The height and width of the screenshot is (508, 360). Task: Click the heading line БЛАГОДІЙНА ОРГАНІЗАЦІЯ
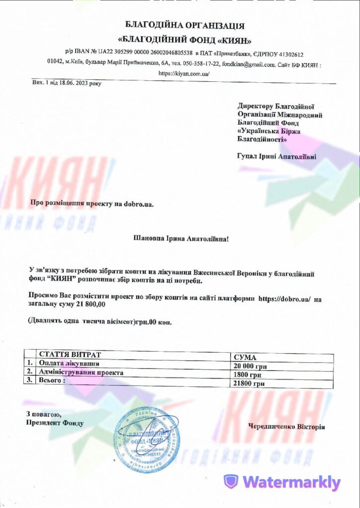(x=185, y=25)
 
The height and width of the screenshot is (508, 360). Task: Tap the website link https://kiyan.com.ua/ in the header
(x=180, y=73)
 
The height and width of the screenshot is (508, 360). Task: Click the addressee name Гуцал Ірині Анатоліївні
(x=277, y=156)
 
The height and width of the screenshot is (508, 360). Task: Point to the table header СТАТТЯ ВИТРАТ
(x=70, y=355)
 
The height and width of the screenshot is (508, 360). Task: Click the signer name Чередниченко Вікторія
(x=287, y=427)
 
